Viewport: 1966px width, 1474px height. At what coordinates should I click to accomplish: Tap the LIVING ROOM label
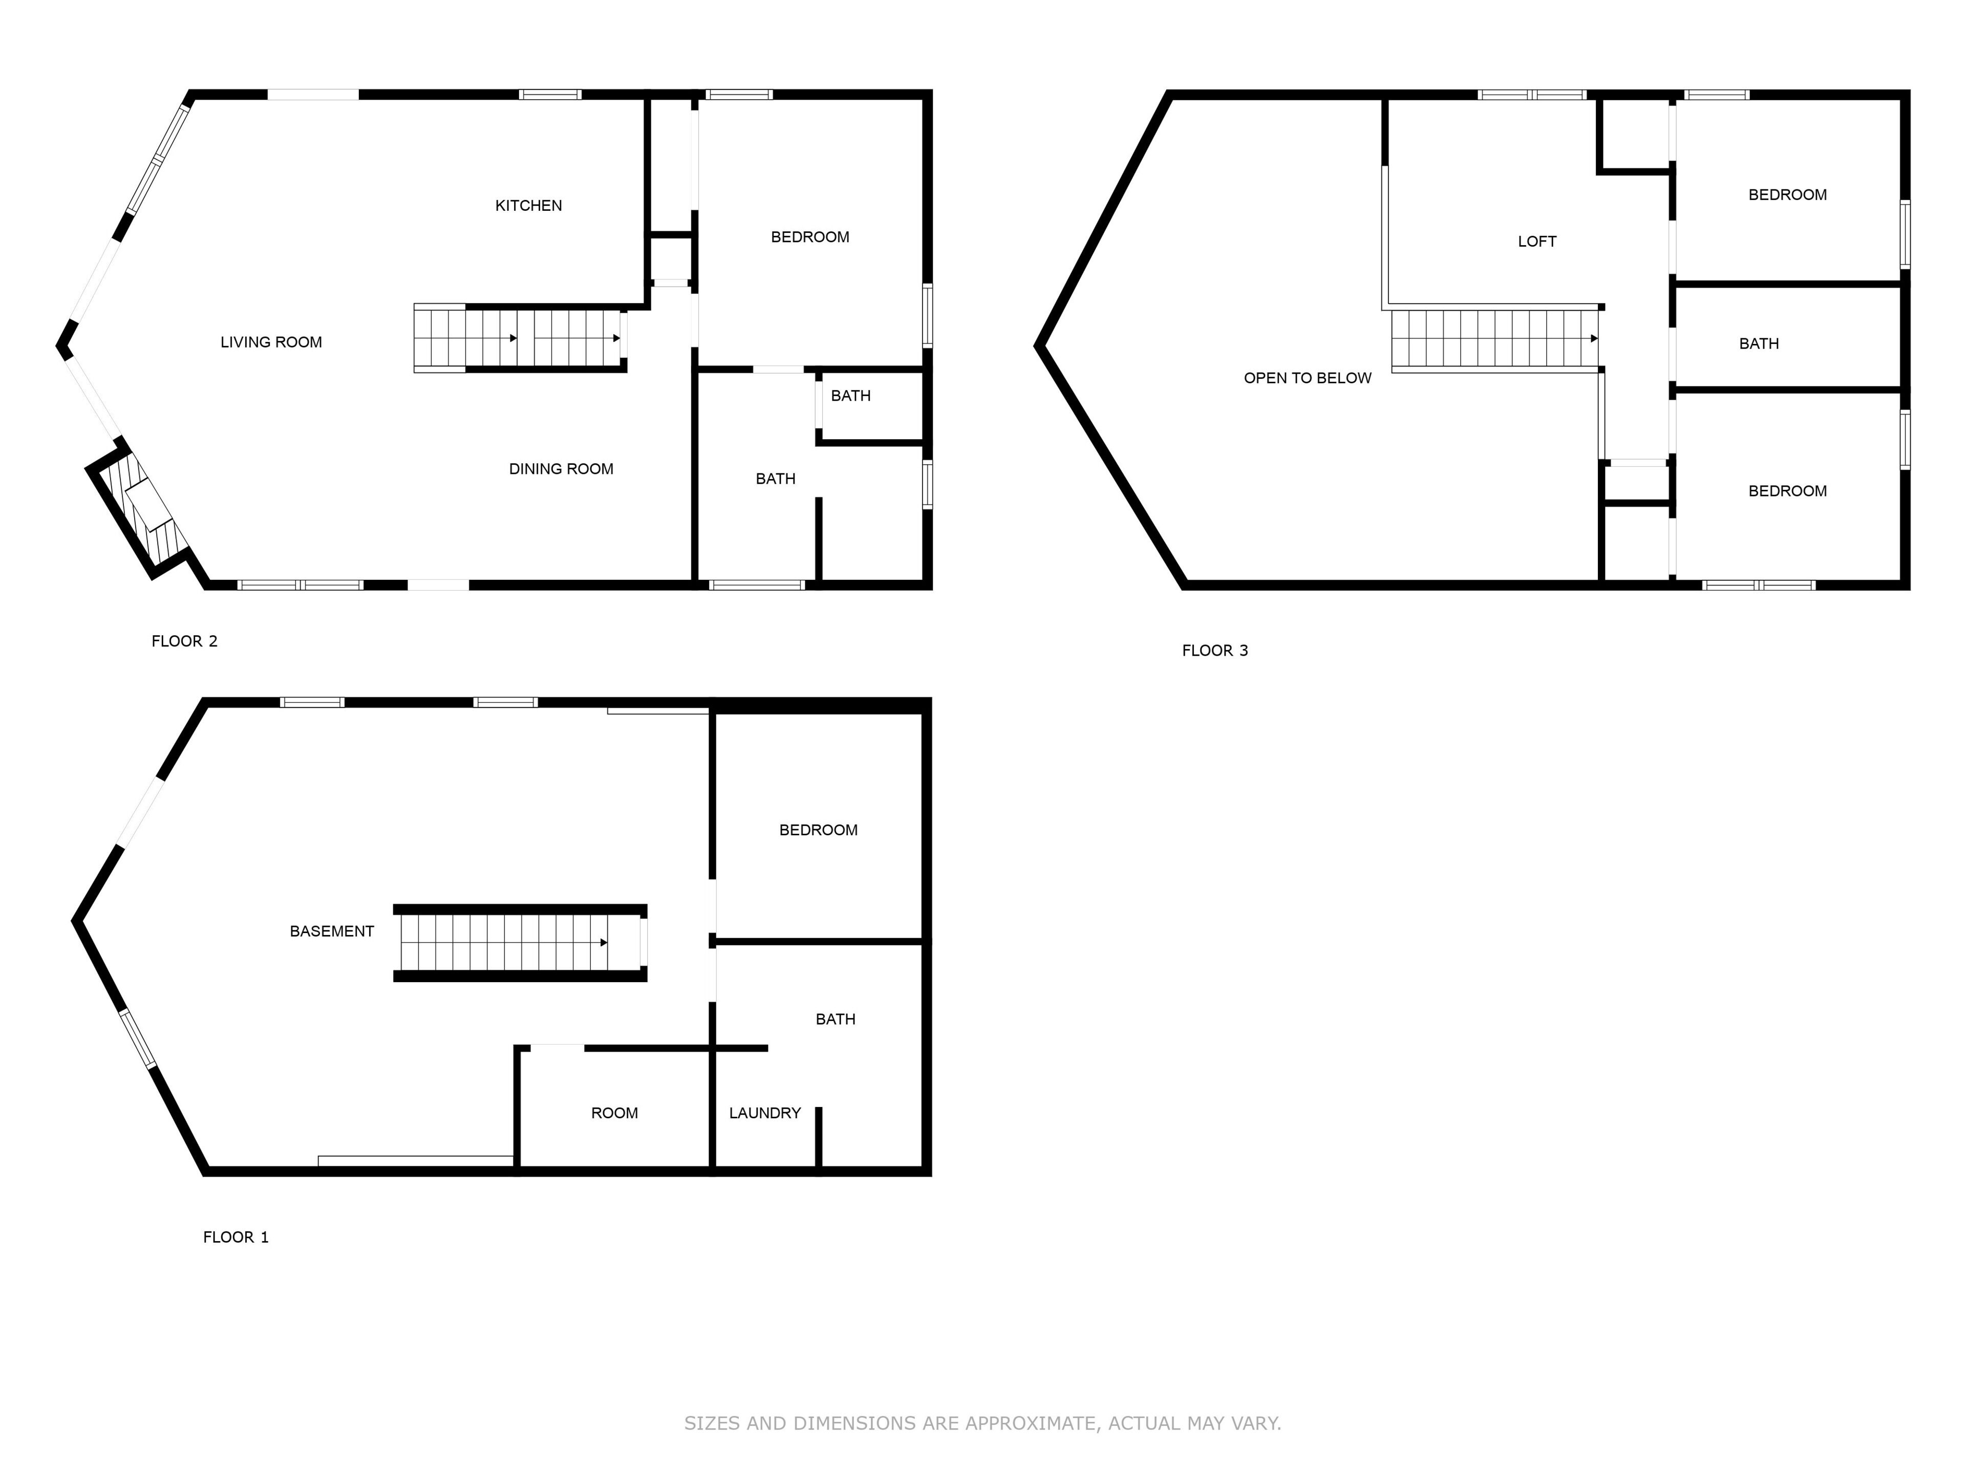click(x=271, y=342)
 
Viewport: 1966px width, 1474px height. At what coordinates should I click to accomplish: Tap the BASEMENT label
click(x=332, y=931)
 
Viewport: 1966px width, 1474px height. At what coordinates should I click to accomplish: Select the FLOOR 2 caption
click(x=184, y=641)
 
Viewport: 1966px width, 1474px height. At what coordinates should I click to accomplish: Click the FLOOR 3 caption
click(x=1215, y=651)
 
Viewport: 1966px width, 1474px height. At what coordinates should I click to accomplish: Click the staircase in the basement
click(x=520, y=943)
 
